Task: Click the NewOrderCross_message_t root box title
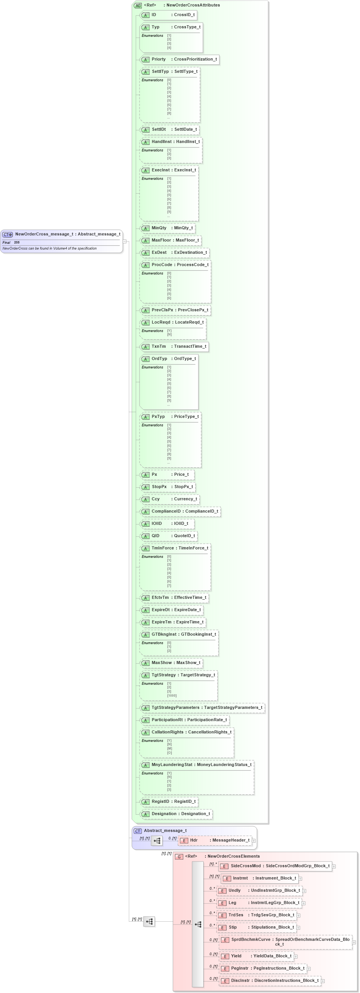pyautogui.click(x=67, y=234)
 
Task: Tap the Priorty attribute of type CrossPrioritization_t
pyautogui.click(x=179, y=59)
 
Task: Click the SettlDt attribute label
pyautogui.click(x=158, y=130)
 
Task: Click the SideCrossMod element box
pyautogui.click(x=276, y=866)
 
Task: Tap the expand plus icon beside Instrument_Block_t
pyautogui.click(x=301, y=878)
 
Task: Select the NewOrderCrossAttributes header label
pyautogui.click(x=193, y=5)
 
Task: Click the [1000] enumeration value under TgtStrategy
pyautogui.click(x=172, y=696)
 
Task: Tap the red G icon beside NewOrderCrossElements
pyautogui.click(x=179, y=857)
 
